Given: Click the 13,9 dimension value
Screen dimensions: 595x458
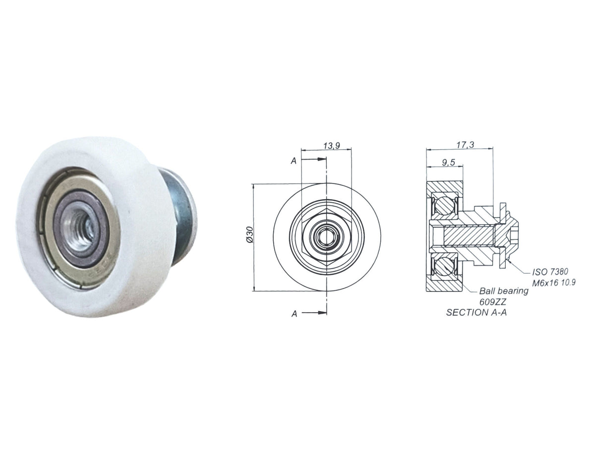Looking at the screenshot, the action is [x=332, y=146].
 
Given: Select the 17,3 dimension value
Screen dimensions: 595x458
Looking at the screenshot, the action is [x=465, y=144].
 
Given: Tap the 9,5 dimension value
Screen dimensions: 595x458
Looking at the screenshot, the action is [x=448, y=163].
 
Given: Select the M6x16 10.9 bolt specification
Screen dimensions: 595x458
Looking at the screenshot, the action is [x=554, y=283].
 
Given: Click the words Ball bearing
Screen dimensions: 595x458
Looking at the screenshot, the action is [x=504, y=290].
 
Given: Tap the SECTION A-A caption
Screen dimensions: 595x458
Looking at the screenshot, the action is [x=476, y=312].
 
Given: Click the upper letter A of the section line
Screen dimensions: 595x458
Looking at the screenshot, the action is [x=294, y=161].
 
